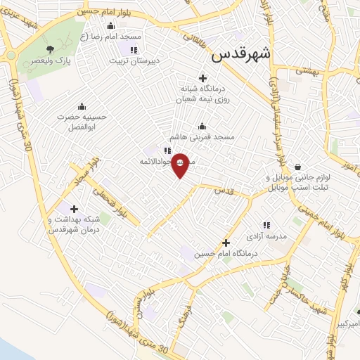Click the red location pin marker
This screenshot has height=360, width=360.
tap(181, 165)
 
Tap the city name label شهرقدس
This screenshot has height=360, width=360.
tap(240, 53)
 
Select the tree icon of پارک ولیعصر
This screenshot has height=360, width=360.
tap(50, 49)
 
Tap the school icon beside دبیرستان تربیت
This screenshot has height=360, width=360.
tap(134, 49)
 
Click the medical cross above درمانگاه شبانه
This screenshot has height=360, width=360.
tap(203, 78)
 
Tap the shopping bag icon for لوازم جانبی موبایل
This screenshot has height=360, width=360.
tap(299, 167)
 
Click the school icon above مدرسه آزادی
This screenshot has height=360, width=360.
tap(266, 224)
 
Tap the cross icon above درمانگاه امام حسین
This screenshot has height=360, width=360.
tap(225, 242)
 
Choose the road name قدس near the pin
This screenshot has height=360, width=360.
tap(224, 191)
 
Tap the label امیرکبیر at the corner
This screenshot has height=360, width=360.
tap(345, 323)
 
